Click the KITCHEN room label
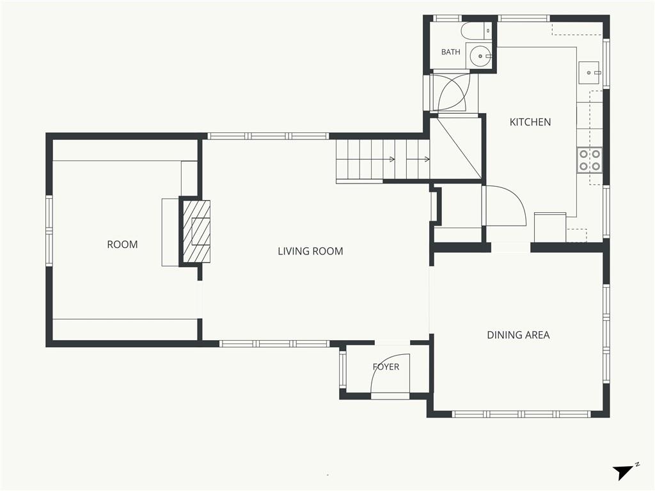coord(530,122)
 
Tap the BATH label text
coord(451,52)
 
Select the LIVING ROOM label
coord(310,251)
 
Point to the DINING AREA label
coord(518,335)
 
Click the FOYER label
coord(386,366)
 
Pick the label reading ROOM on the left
coord(122,245)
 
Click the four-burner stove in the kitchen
coord(590,160)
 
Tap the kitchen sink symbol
coord(589,73)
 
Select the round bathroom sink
coord(480,55)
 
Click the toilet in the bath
coord(476,30)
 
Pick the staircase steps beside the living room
coord(383,161)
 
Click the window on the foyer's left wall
coord(343,369)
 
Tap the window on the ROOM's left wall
coord(49,231)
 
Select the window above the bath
coord(446,19)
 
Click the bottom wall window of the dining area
coord(521,414)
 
